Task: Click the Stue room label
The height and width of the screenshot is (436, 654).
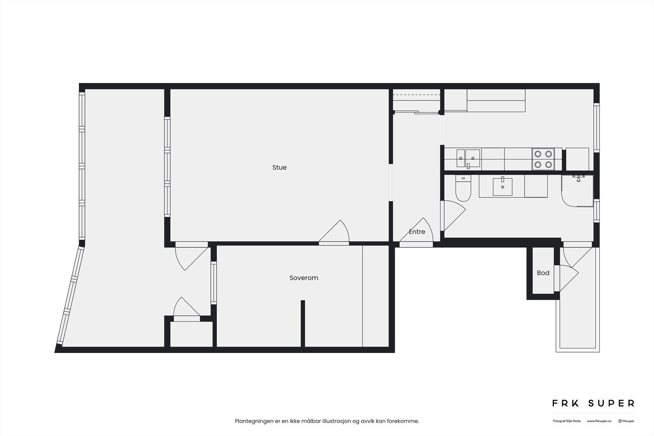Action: [279, 168]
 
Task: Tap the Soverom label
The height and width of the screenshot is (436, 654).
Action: [304, 278]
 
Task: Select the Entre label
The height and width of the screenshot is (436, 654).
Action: [417, 232]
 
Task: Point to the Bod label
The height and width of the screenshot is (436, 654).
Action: [543, 273]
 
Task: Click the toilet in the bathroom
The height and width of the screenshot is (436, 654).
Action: [463, 189]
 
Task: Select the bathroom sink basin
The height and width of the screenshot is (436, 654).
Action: [502, 187]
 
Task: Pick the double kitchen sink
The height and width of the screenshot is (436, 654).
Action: [468, 159]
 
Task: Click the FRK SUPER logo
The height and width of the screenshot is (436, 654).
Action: [593, 403]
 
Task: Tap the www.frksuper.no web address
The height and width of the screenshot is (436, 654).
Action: [599, 421]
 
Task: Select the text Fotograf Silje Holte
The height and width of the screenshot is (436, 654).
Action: [567, 421]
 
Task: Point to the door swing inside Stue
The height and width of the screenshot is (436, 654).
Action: [335, 233]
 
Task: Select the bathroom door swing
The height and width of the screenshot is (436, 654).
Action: [453, 215]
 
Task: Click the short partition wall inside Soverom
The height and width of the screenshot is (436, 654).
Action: [303, 323]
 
